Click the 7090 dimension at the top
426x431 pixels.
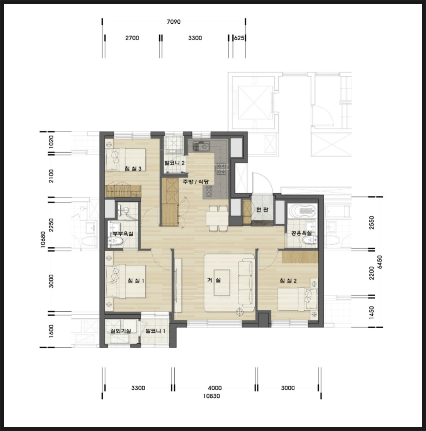pyautogui.click(x=174, y=22)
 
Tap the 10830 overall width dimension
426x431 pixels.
pyautogui.click(x=211, y=396)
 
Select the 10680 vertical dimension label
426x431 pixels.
pyautogui.click(x=43, y=240)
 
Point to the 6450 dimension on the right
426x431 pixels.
pyautogui.click(x=380, y=262)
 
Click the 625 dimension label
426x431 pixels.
pyautogui.click(x=239, y=38)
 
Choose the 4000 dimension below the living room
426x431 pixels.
pyautogui.click(x=215, y=388)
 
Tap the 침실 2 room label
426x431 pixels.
pyautogui.click(x=288, y=281)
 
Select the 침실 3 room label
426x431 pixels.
pyautogui.click(x=133, y=168)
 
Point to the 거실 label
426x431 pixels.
pyautogui.click(x=214, y=280)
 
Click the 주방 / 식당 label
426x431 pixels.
pyautogui.click(x=196, y=182)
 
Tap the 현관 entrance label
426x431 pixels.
pyautogui.click(x=262, y=210)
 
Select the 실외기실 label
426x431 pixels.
pyautogui.click(x=121, y=331)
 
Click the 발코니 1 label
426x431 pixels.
pyautogui.click(x=155, y=331)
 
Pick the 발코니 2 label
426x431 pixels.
pyautogui.click(x=174, y=163)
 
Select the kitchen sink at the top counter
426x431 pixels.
pyautogui.click(x=201, y=146)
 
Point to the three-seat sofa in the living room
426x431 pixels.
pyautogui.click(x=246, y=283)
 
